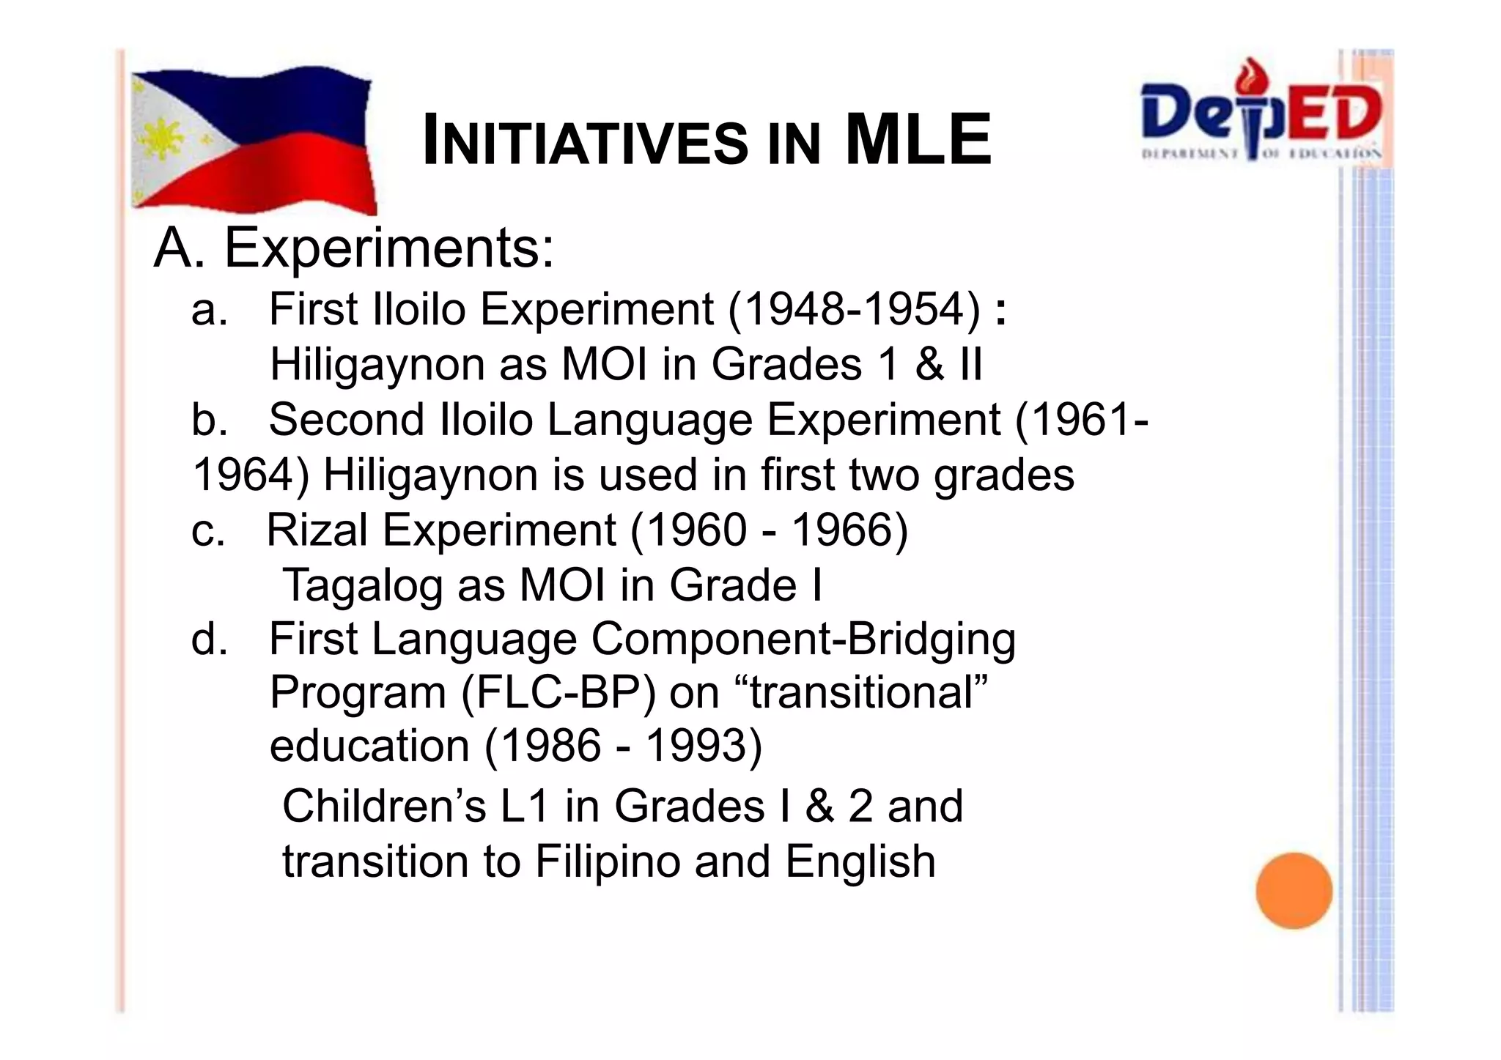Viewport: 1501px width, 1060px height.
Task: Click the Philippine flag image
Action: pyautogui.click(x=253, y=139)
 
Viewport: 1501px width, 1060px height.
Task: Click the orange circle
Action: pyautogui.click(x=1294, y=890)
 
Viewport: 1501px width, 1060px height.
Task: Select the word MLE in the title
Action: pyautogui.click(x=918, y=141)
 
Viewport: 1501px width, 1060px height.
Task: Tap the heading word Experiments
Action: pyautogui.click(x=388, y=248)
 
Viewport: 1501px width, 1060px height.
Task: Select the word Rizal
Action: pyautogui.click(x=317, y=530)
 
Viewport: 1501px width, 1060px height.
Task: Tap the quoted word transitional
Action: pyautogui.click(x=868, y=692)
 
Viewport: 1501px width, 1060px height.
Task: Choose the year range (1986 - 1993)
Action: pyautogui.click(x=623, y=746)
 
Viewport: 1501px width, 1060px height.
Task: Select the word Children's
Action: pyautogui.click(x=384, y=806)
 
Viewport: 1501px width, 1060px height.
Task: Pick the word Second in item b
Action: pyautogui.click(x=347, y=420)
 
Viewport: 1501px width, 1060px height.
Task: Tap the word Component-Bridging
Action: pyautogui.click(x=803, y=639)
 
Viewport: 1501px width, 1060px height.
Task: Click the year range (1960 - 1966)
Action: pyautogui.click(x=770, y=530)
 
